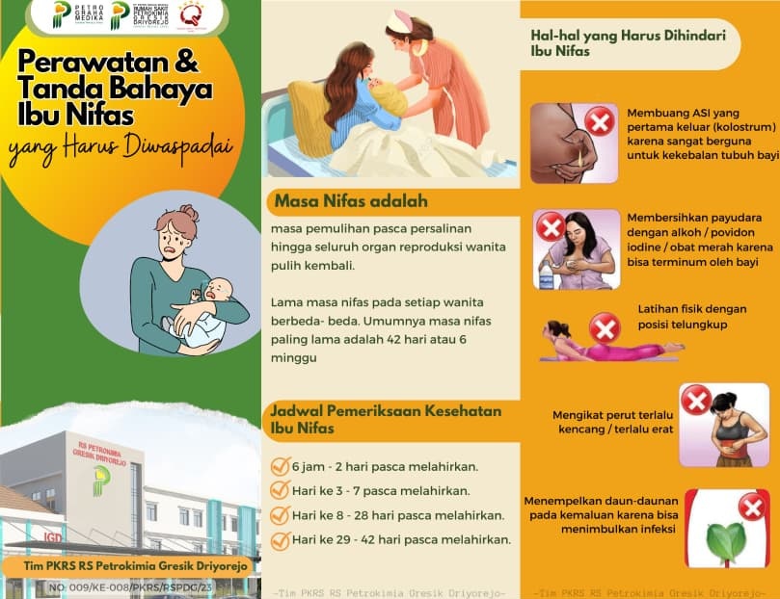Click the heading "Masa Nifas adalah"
click(x=350, y=202)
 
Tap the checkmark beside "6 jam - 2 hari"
click(x=281, y=467)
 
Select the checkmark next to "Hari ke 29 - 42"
click(x=281, y=539)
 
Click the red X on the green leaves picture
click(x=752, y=506)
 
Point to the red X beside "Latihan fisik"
click(x=605, y=328)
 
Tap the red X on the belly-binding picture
click(x=696, y=399)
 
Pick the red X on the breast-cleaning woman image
click(x=551, y=226)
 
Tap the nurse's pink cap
click(x=399, y=20)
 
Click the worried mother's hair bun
click(x=190, y=212)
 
